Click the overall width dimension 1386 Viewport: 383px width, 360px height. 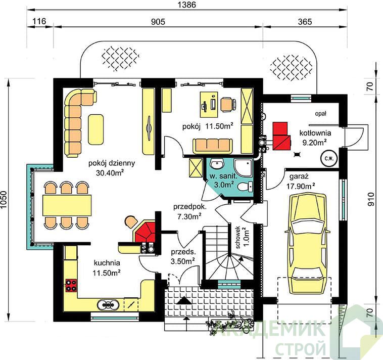point(186,5)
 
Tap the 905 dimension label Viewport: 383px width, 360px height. point(158,22)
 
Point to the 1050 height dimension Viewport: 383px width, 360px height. point(5,200)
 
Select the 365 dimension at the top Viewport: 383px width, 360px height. point(305,22)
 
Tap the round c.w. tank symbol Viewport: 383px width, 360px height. point(329,158)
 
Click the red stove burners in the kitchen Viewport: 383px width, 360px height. point(71,285)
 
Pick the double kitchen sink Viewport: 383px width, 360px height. point(108,304)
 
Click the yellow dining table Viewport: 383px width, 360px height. point(67,205)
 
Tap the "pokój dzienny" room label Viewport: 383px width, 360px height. point(112,163)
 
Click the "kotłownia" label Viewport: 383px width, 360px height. point(315,133)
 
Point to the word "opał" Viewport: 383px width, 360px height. point(321,113)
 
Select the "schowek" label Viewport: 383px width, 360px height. point(238,238)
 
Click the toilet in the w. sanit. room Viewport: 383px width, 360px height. point(245,187)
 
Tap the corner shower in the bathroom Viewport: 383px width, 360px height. point(243,168)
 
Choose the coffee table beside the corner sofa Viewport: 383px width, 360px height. point(96,129)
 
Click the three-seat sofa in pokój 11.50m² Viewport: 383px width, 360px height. point(213,146)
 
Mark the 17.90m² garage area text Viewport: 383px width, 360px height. point(301,187)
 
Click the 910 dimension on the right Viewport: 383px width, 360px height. point(371,199)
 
